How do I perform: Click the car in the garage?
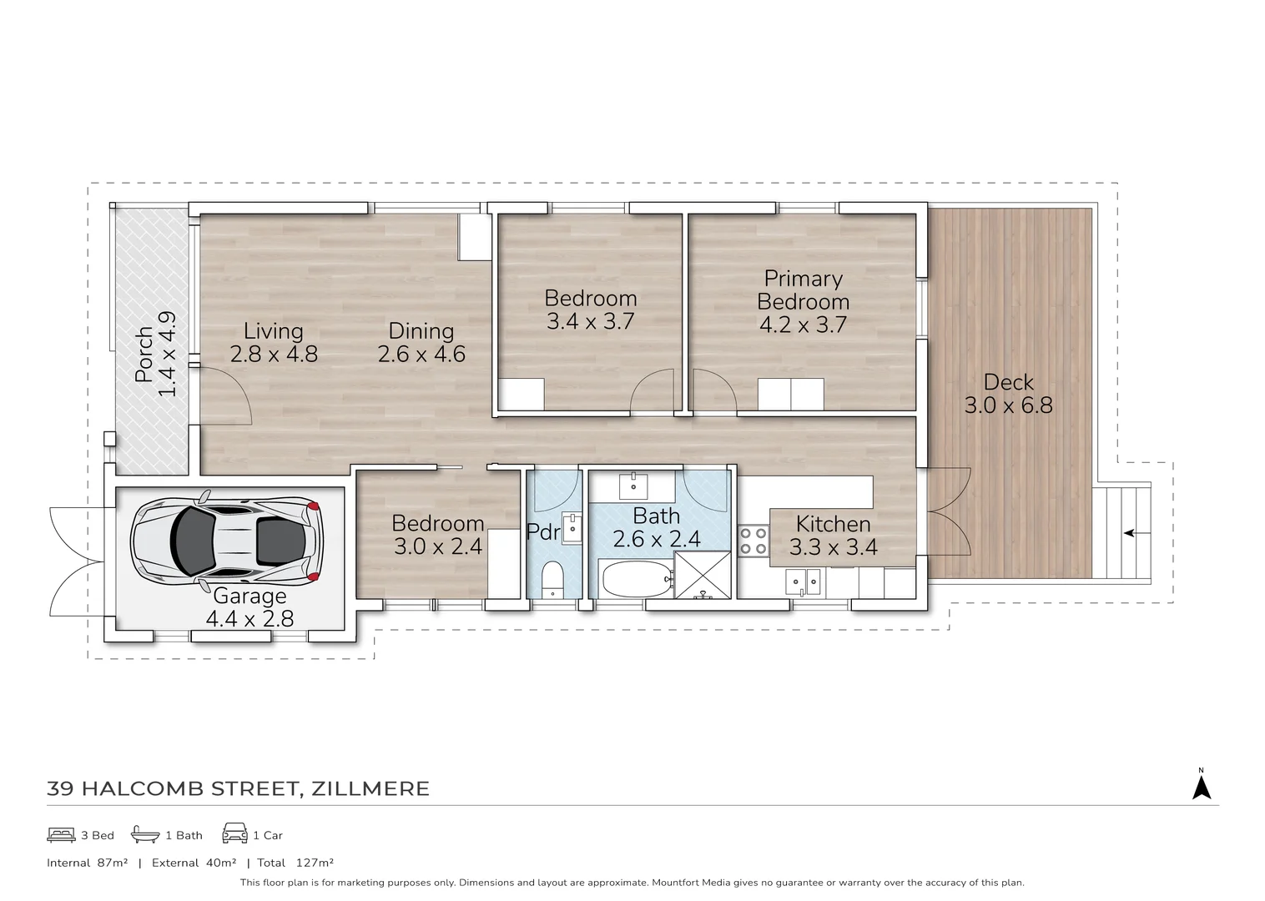tap(227, 542)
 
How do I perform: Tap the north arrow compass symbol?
tap(1201, 787)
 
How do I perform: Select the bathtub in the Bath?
tap(637, 578)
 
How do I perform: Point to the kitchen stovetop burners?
tap(753, 540)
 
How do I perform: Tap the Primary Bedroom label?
tap(803, 290)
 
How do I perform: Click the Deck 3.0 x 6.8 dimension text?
tap(1008, 406)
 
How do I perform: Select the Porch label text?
tap(144, 355)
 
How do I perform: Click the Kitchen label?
tap(833, 524)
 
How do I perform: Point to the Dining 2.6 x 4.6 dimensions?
tap(421, 355)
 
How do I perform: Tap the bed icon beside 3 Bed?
tap(62, 834)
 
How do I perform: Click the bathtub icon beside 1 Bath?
tap(145, 834)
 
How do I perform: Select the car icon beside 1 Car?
tap(234, 834)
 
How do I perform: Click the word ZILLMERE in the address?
tap(370, 788)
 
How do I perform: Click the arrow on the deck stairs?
tap(1128, 532)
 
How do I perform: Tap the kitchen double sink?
tap(802, 581)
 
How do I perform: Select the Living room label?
tap(273, 331)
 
